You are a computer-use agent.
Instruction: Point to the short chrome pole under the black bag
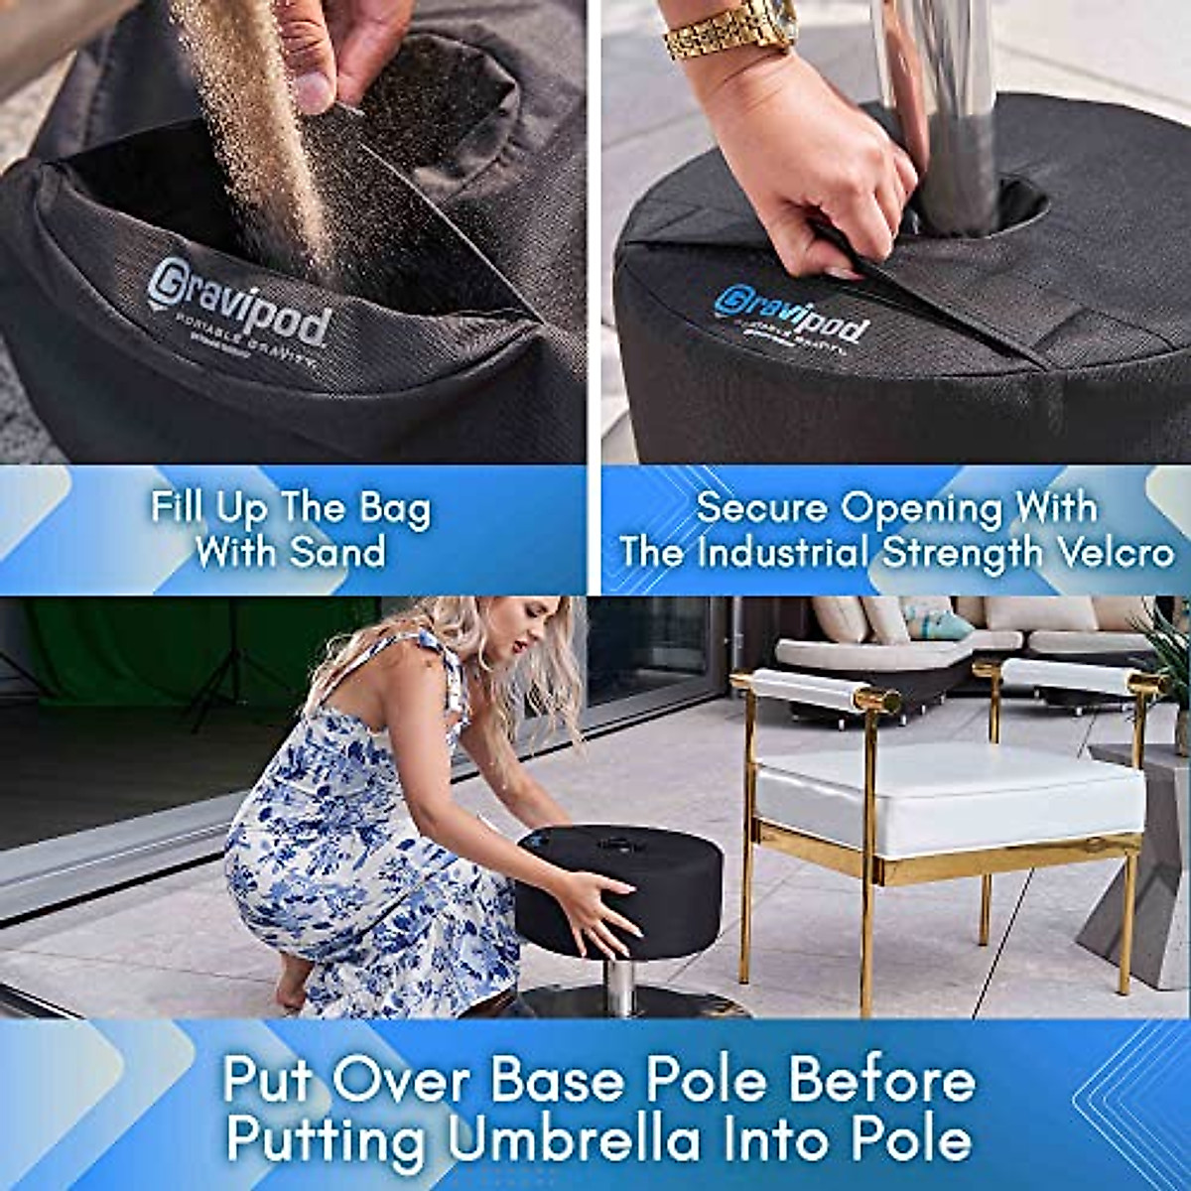click(621, 983)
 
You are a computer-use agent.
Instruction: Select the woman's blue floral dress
click(357, 854)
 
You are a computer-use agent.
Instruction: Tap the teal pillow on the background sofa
click(938, 624)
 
